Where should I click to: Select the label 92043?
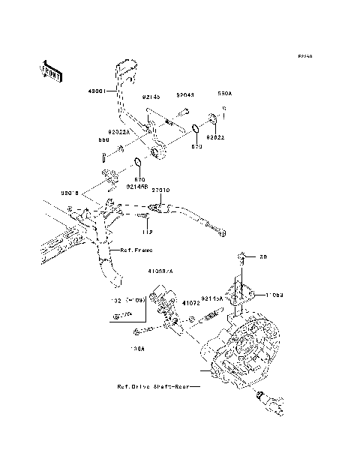click(x=185, y=95)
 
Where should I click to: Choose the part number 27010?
click(x=160, y=190)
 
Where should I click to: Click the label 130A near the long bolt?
click(x=137, y=349)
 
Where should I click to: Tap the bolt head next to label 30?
click(x=241, y=258)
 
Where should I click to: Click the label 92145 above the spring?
click(x=151, y=96)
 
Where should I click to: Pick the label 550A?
click(x=225, y=95)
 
